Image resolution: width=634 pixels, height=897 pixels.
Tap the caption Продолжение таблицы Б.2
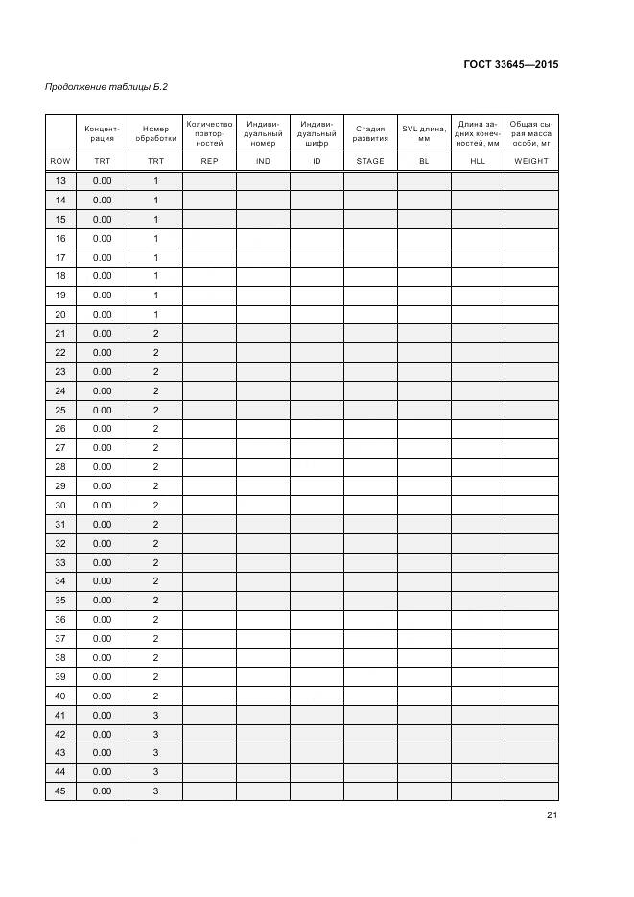pos(106,88)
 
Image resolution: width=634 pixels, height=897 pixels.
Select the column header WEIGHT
pos(531,161)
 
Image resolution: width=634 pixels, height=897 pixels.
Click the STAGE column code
pos(370,161)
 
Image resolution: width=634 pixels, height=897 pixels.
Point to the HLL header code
pos(478,161)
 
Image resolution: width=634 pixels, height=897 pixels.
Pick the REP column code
pos(209,161)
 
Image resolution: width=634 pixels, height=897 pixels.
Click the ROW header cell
pos(60,161)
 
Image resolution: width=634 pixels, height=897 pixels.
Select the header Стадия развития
pos(370,133)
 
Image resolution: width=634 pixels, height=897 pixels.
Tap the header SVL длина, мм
pos(424,133)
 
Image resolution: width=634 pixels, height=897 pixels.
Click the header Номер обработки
pos(155,133)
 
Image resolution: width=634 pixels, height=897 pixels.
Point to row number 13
pos(60,181)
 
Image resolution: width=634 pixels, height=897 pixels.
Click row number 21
pos(60,334)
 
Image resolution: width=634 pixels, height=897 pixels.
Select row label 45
pos(60,791)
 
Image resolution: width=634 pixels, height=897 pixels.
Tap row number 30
pos(60,506)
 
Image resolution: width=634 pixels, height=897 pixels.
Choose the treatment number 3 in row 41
pos(155,716)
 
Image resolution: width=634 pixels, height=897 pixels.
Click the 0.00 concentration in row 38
pos(102,658)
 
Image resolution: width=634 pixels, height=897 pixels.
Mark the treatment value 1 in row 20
pos(155,315)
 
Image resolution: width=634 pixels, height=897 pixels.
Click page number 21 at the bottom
pos(552,815)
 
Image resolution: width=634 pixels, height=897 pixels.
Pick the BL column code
pos(424,161)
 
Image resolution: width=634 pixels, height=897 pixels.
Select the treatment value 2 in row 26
pos(155,429)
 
